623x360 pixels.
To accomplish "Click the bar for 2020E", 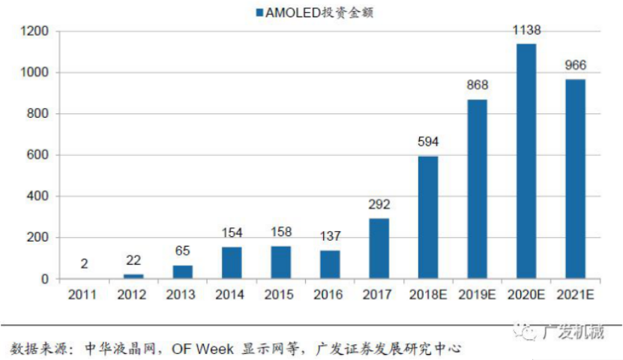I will coord(526,161).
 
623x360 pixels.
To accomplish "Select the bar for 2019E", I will coord(478,189).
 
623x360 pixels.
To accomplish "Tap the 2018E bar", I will coord(428,217).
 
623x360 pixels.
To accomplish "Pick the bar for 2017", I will coord(379,248).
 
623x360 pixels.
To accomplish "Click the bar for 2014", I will coord(232,262).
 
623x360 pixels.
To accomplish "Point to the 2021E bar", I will coord(576,179).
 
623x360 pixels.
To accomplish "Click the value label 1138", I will coord(526,31).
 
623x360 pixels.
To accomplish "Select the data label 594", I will coord(428,142).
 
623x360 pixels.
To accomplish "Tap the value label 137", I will coord(330,236).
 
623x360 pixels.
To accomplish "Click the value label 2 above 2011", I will coord(85,264).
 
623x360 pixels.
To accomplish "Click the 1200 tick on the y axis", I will coord(34,31).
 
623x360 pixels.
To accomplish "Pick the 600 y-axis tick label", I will coord(37,155).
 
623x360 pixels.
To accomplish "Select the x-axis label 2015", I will coord(280,295).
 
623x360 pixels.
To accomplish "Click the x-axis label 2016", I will coord(330,295).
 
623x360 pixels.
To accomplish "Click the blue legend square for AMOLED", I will coord(260,13).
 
